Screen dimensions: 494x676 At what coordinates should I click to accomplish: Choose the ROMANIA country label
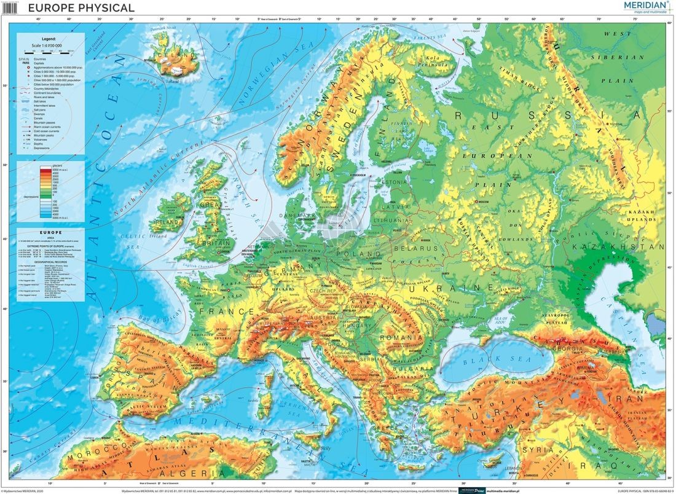pyautogui.click(x=398, y=337)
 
